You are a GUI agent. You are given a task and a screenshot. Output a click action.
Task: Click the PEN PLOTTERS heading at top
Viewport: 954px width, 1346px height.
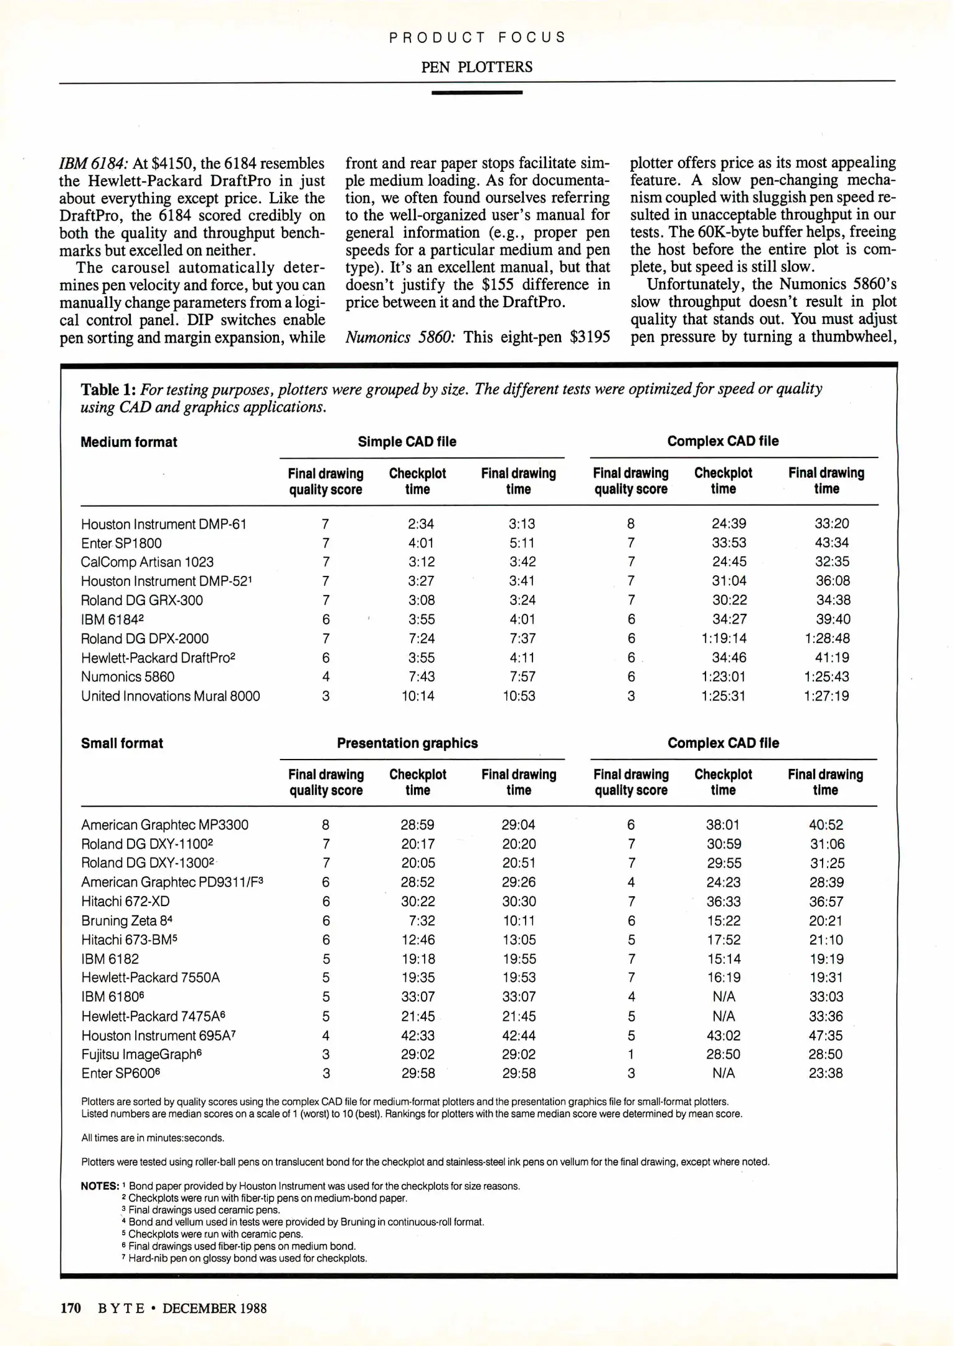click(476, 67)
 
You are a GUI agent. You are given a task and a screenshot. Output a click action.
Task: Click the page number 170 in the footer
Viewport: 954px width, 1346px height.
click(70, 1308)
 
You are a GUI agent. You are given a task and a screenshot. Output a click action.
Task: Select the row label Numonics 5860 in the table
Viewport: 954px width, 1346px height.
click(128, 677)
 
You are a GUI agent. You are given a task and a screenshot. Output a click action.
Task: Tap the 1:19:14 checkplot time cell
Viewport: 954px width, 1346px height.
click(724, 638)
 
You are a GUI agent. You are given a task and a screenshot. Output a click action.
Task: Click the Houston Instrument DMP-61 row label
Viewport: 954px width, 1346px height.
click(164, 524)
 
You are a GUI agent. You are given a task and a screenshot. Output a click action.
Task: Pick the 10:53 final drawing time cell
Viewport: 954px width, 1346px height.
click(519, 696)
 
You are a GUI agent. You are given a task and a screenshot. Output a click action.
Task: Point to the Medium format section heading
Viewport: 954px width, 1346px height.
click(129, 442)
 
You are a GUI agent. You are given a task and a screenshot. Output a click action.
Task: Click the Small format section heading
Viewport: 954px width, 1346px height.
click(122, 743)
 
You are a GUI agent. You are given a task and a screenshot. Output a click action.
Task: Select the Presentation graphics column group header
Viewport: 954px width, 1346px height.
click(407, 743)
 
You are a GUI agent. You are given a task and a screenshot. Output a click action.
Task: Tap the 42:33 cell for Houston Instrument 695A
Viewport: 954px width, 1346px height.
click(418, 1035)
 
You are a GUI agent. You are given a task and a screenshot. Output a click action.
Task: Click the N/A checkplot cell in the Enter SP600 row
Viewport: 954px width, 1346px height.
click(724, 1073)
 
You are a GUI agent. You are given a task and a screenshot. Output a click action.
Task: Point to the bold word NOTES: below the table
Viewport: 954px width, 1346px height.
click(100, 1186)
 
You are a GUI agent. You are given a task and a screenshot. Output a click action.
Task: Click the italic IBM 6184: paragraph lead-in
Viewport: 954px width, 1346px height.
click(94, 163)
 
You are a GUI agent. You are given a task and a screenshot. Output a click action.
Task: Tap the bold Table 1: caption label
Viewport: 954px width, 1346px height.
click(108, 389)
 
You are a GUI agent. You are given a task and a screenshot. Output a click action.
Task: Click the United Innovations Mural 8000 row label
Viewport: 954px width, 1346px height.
click(171, 696)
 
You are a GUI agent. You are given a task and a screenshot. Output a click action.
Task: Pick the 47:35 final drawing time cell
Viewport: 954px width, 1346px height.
click(826, 1035)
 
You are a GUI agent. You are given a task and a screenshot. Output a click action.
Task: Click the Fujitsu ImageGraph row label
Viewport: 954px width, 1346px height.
click(133, 1054)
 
